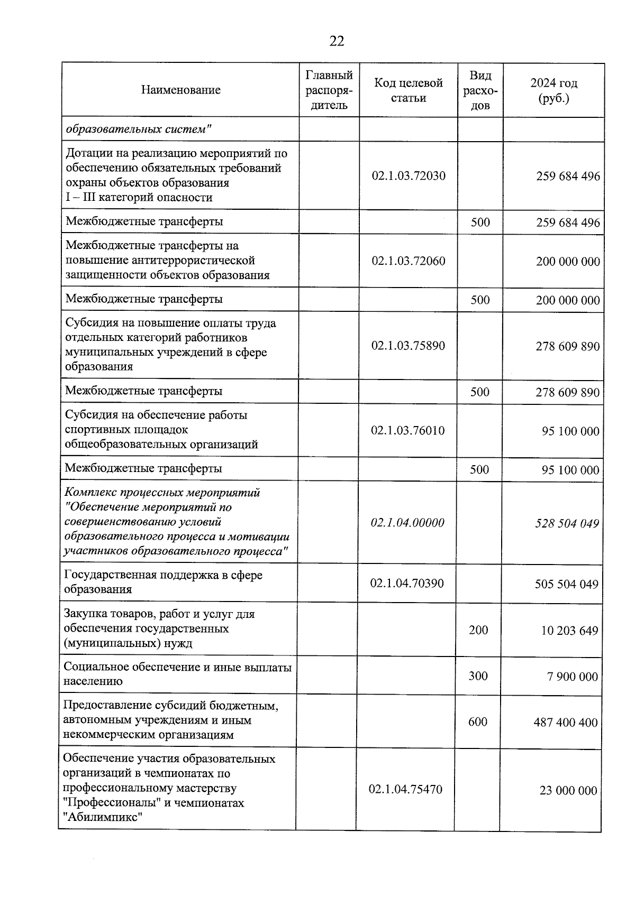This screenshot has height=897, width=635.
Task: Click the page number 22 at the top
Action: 337,41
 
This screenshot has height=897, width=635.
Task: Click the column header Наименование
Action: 180,90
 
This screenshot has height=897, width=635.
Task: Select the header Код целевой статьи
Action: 408,90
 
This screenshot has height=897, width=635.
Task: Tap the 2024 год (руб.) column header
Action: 554,90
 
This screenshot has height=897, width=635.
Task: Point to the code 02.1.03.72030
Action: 408,176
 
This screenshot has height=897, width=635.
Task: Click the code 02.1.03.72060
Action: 408,261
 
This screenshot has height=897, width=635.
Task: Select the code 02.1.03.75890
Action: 408,346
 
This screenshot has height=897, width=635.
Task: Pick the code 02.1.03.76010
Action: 407,431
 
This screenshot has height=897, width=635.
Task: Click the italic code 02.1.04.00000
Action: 407,523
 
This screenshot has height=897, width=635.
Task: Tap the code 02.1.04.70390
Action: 406,584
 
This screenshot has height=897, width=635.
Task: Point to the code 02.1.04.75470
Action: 405,790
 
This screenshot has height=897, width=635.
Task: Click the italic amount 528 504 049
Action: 567,524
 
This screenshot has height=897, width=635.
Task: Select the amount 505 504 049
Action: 566,585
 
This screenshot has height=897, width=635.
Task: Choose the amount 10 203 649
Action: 569,631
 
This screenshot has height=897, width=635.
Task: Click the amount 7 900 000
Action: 572,677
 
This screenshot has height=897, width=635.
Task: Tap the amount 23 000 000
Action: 568,791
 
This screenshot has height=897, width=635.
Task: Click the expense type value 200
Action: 478,630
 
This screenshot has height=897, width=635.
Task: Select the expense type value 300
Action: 478,676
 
